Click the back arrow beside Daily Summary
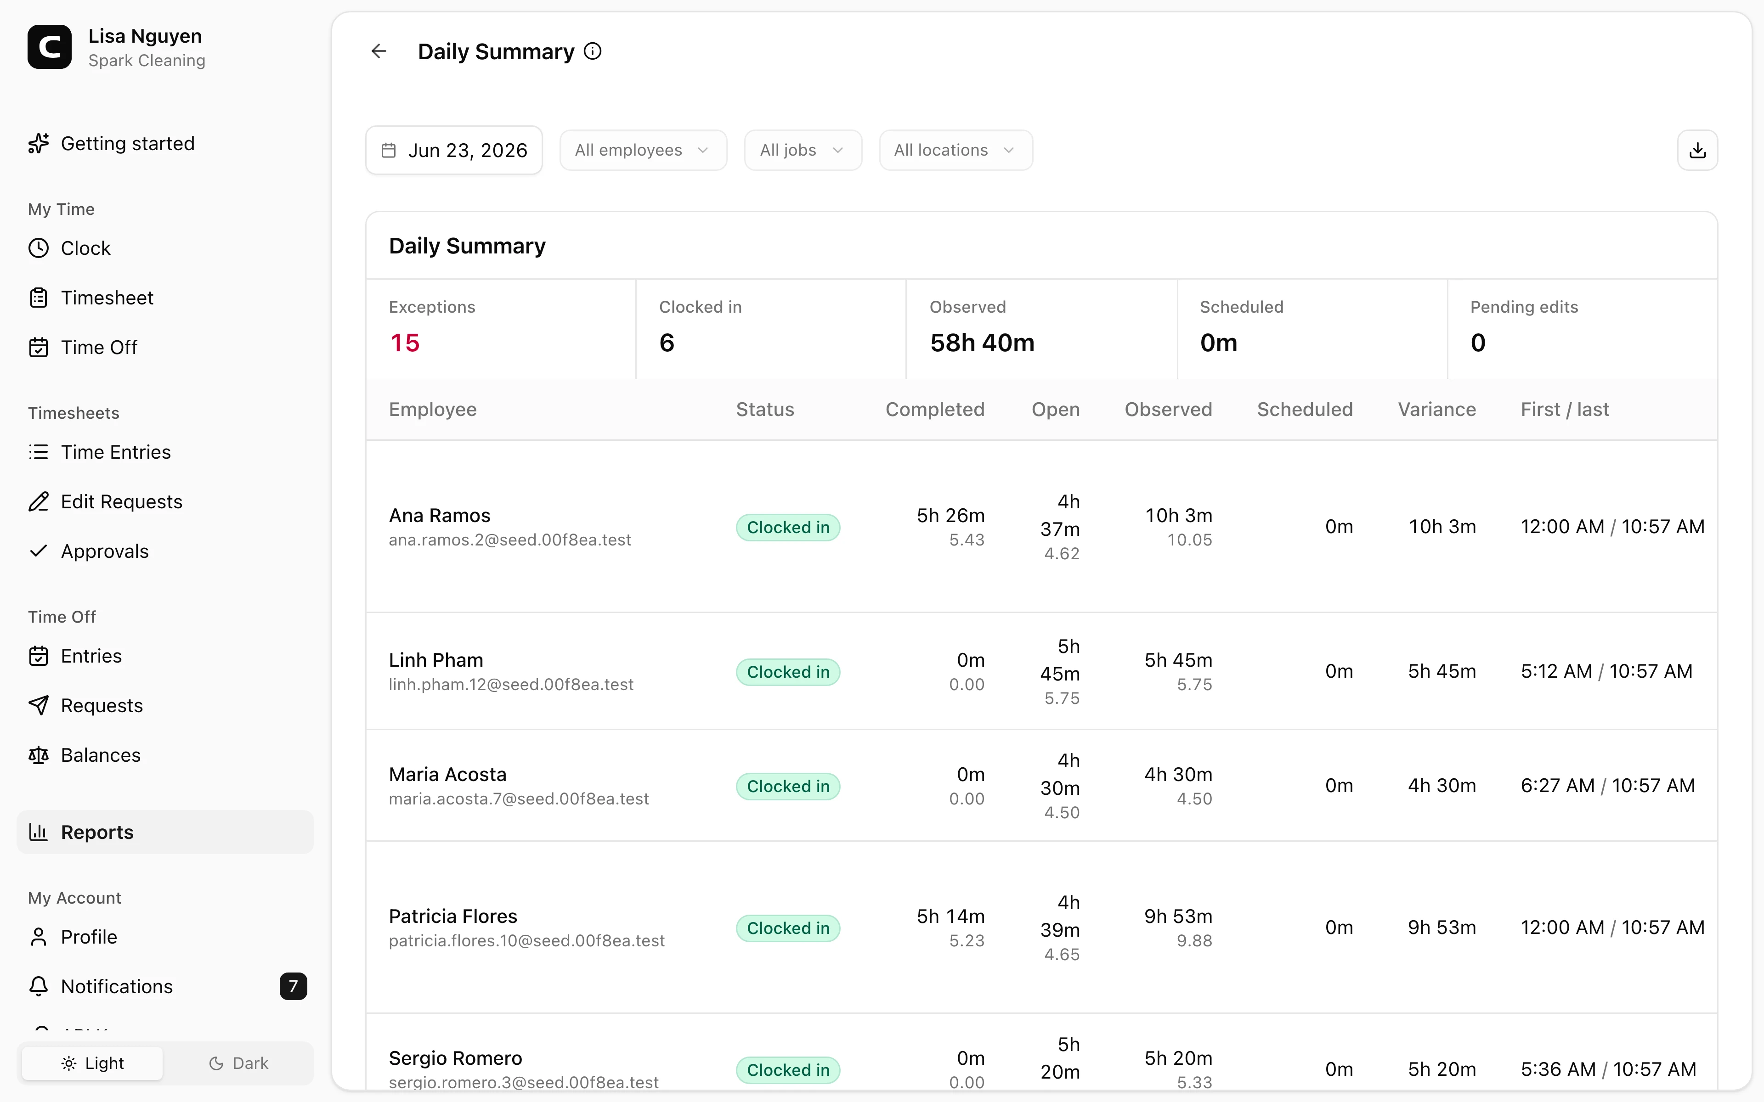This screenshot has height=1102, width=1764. (x=379, y=51)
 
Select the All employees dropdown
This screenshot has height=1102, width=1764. (x=643, y=150)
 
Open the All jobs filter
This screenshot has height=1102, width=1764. (x=803, y=150)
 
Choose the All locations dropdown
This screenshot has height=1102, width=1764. (x=955, y=150)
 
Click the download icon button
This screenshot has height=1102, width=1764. (x=1698, y=150)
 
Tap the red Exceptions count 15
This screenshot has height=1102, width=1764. (x=405, y=343)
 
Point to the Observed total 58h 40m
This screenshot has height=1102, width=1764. (x=982, y=343)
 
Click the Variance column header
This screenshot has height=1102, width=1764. (x=1437, y=410)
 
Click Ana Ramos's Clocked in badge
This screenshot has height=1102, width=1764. (x=788, y=527)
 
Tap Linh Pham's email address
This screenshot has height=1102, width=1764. (x=511, y=684)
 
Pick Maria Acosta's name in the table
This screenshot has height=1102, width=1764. (x=447, y=774)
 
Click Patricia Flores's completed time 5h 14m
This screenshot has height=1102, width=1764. (x=950, y=916)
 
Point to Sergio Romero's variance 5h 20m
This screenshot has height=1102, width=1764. (x=1442, y=1069)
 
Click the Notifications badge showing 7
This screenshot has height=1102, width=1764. (x=293, y=986)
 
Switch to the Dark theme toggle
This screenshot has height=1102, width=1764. (x=238, y=1063)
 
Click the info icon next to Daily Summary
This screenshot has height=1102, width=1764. (x=593, y=51)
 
